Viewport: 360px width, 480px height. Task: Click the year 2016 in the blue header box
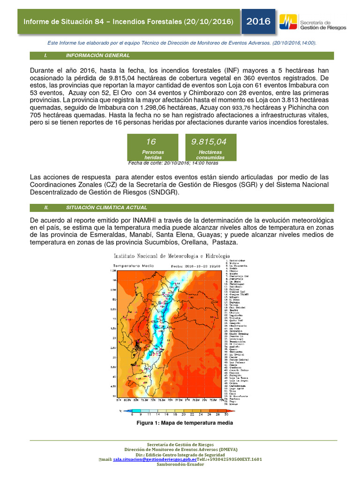tap(258, 21)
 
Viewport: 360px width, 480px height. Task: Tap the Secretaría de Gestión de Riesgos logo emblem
tap(287, 22)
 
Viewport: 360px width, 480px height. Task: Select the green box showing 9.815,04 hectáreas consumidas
tap(210, 147)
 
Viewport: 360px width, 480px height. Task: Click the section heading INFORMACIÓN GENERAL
tap(97, 55)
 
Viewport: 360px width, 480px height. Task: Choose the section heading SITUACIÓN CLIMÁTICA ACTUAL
tap(106, 207)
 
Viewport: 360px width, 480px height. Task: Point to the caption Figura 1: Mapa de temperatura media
tap(184, 423)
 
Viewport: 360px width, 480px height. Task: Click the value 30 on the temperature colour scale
tap(226, 414)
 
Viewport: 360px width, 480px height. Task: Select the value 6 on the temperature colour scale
tap(132, 414)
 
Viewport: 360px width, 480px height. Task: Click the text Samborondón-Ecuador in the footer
tap(183, 465)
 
